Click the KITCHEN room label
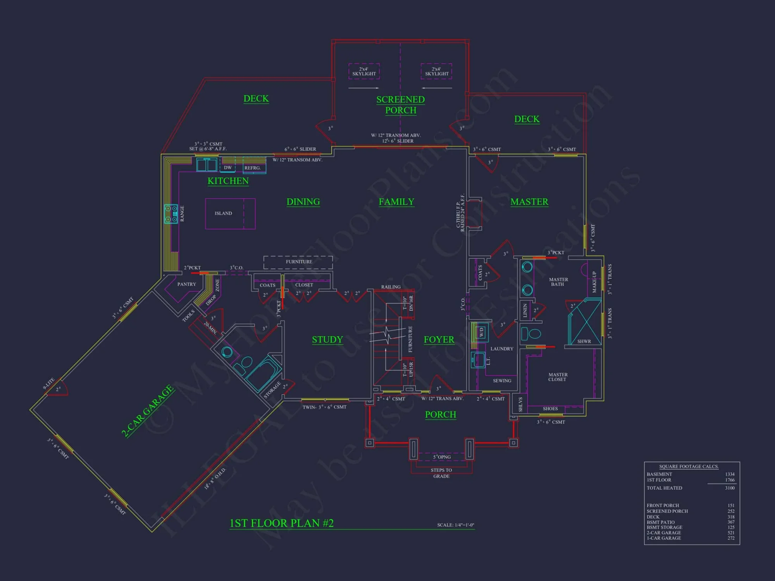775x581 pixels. pyautogui.click(x=228, y=181)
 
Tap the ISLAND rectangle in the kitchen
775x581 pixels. pyautogui.click(x=230, y=213)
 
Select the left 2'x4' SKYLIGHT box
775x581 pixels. pyautogui.click(x=364, y=71)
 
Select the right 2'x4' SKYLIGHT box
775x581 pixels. pyautogui.click(x=436, y=71)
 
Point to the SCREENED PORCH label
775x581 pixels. pyautogui.click(x=401, y=105)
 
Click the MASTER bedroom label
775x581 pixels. pyautogui.click(x=529, y=202)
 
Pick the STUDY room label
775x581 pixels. pyautogui.click(x=327, y=340)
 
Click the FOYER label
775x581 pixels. pyautogui.click(x=439, y=340)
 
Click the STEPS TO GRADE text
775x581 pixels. pyautogui.click(x=441, y=473)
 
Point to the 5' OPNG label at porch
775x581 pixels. pyautogui.click(x=442, y=457)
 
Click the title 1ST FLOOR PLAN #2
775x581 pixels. pyautogui.click(x=282, y=523)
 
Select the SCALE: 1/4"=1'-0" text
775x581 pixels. pyautogui.click(x=455, y=525)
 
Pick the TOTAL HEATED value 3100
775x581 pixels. pyautogui.click(x=730, y=488)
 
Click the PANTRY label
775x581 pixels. pyautogui.click(x=186, y=284)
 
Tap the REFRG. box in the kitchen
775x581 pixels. pyautogui.click(x=253, y=168)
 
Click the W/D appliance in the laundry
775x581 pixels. pyautogui.click(x=481, y=332)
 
